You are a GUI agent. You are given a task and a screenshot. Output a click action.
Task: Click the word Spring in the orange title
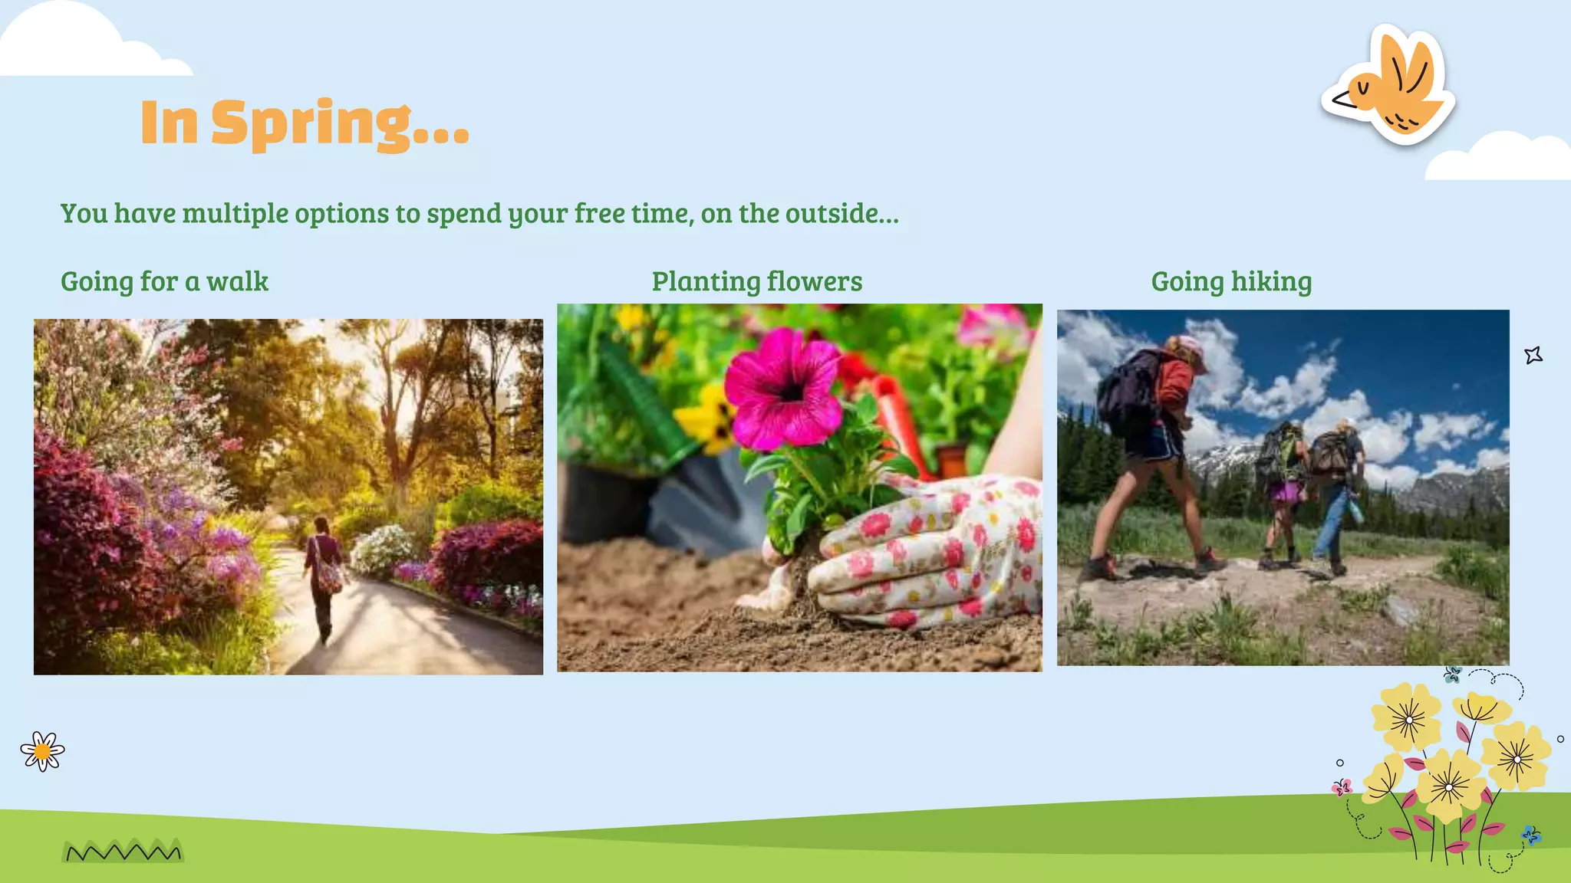[x=311, y=123]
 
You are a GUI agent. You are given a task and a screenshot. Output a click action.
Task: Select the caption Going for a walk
[x=164, y=281]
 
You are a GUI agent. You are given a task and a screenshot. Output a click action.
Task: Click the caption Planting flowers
[x=756, y=281]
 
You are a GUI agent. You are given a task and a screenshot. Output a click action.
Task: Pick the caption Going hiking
[x=1231, y=281]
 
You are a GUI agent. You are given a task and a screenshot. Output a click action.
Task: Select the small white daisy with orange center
[x=43, y=751]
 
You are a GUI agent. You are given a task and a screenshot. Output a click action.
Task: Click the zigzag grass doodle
[x=123, y=852]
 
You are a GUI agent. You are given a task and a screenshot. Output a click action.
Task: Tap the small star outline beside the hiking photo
[x=1533, y=355]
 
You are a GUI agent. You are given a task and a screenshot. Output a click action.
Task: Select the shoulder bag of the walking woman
[x=330, y=575]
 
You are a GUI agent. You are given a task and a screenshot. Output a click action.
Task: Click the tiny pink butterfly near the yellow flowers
[x=1342, y=787]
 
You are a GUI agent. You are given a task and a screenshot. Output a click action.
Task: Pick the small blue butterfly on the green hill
[x=1531, y=835]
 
